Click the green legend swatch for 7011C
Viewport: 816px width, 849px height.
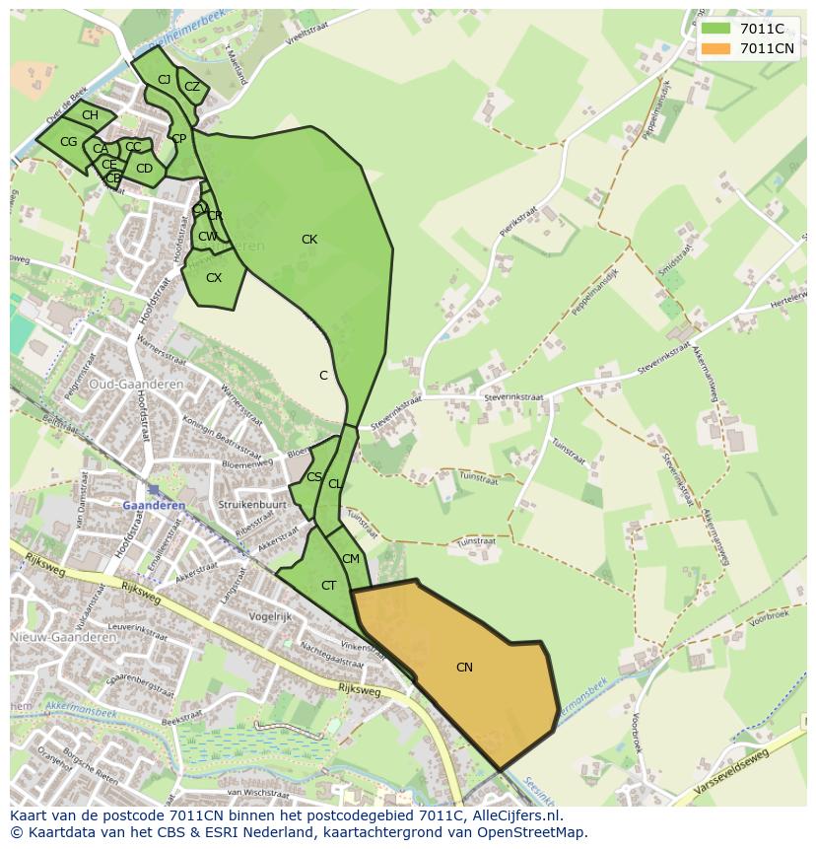tap(715, 29)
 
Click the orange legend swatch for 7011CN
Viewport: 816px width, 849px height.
tap(715, 48)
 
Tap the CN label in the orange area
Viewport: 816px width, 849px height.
tap(464, 668)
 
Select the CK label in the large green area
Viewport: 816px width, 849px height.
tap(309, 240)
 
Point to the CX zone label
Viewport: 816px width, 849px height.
tap(214, 278)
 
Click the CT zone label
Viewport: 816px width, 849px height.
tap(329, 586)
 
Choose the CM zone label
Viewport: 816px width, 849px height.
tap(351, 559)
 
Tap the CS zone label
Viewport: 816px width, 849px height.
tap(314, 477)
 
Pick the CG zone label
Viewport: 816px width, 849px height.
tap(68, 142)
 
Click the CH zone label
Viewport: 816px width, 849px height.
tap(90, 115)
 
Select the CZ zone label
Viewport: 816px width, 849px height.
tap(192, 87)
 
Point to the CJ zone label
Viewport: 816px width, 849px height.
tap(164, 79)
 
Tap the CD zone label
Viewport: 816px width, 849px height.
tap(145, 169)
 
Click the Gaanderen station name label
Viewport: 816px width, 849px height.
tap(154, 505)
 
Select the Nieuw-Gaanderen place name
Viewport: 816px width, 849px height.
tap(64, 637)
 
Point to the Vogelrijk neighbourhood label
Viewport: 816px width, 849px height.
tap(272, 616)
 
